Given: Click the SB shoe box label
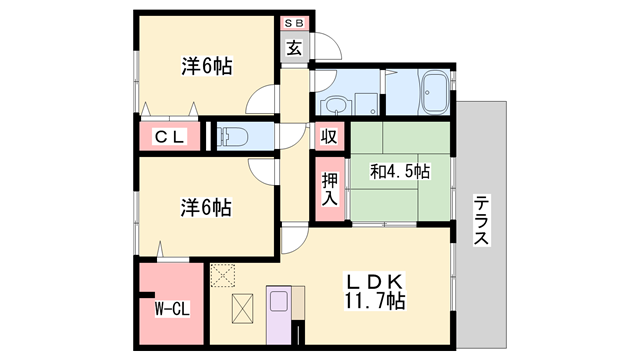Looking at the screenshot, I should click(x=295, y=22).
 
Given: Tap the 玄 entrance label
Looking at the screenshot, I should click(x=295, y=46).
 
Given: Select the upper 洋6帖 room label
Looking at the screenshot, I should click(x=206, y=67).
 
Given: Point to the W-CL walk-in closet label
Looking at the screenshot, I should click(x=171, y=308).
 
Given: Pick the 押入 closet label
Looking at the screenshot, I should click(x=329, y=188).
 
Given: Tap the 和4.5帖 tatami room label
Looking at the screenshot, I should click(x=399, y=172).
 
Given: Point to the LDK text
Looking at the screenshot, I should click(x=375, y=279).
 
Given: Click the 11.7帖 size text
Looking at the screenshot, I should click(x=375, y=300).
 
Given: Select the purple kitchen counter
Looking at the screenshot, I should click(x=279, y=313).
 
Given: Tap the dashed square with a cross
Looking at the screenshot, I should click(x=222, y=272).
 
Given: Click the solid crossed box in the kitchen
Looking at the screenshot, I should click(x=243, y=309).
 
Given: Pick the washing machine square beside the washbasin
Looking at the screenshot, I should click(x=366, y=103).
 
